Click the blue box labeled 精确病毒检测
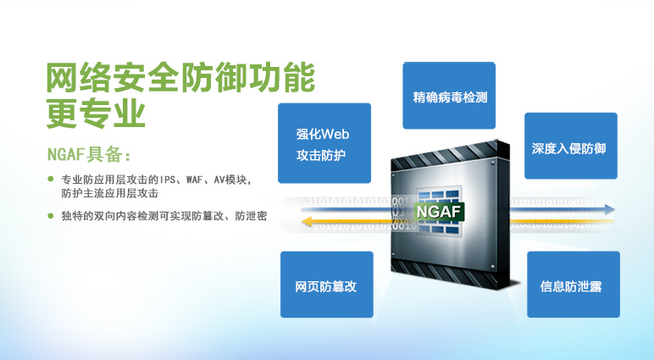[x=449, y=96]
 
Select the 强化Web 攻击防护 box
[x=324, y=143]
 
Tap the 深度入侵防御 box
[x=571, y=146]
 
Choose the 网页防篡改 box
[x=327, y=284]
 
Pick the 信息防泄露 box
[x=574, y=284]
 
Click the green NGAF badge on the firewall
[x=439, y=212]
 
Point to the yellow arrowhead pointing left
[x=307, y=221]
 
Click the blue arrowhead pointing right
[x=609, y=209]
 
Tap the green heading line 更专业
[x=96, y=114]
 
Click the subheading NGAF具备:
[x=89, y=154]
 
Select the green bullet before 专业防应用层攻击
[x=51, y=179]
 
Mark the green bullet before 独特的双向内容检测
[x=51, y=216]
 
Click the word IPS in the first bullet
[x=169, y=180]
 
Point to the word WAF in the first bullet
[x=195, y=180]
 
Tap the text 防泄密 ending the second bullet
[x=251, y=216]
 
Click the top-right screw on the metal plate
[x=492, y=163]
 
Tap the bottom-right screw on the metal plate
[x=493, y=266]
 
